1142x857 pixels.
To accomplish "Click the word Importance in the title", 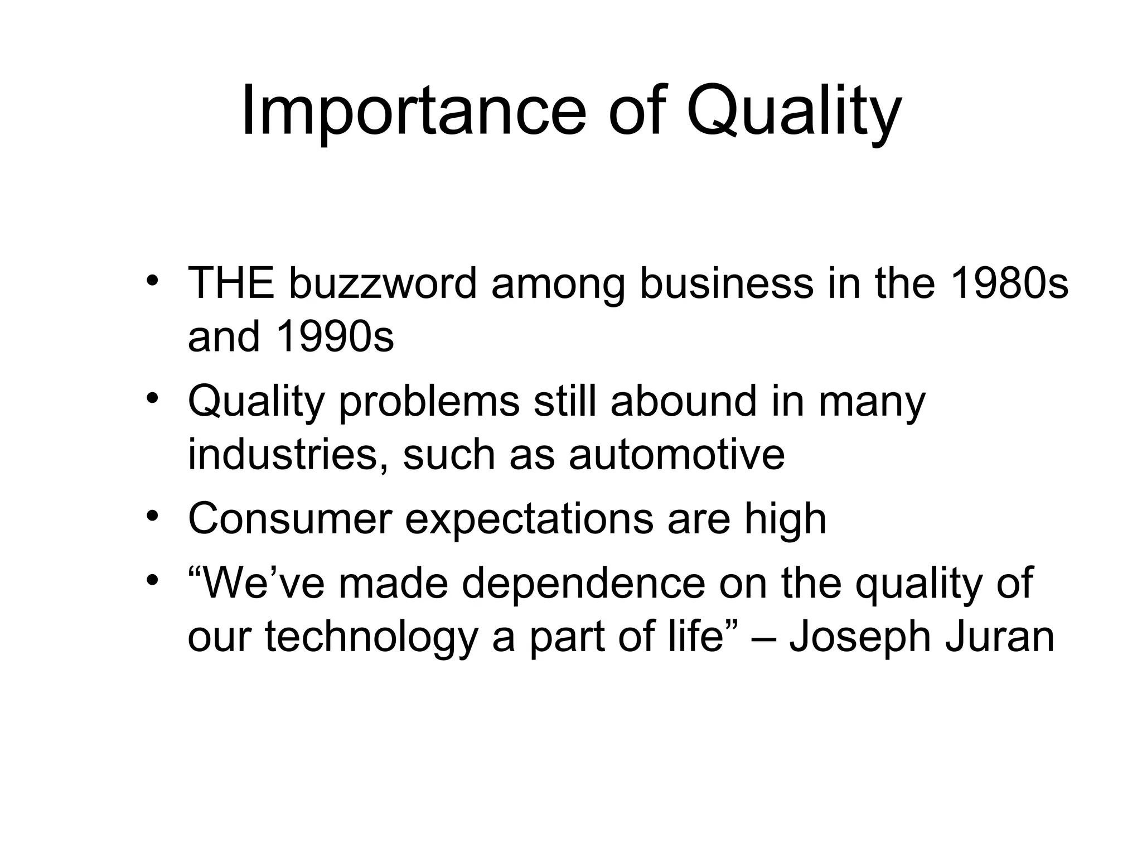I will (x=413, y=112).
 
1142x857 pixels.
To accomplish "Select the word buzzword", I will (x=383, y=283).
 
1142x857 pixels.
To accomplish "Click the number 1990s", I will (x=335, y=337).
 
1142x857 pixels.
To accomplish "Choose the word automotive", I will (x=676, y=454).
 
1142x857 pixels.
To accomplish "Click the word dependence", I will (x=583, y=584).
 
